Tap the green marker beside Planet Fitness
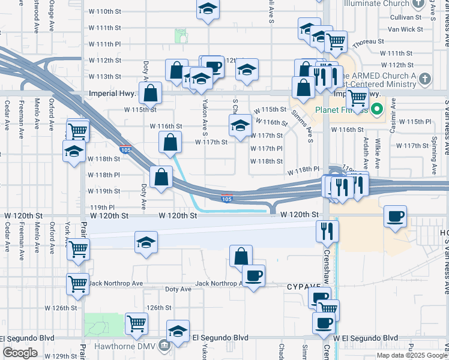(377, 109)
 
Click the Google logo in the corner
(20, 353)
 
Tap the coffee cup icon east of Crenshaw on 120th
(395, 217)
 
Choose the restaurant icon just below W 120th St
(327, 230)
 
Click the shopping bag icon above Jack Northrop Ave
(240, 256)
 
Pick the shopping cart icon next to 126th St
(136, 323)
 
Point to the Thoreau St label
(369, 41)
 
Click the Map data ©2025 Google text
(412, 355)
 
